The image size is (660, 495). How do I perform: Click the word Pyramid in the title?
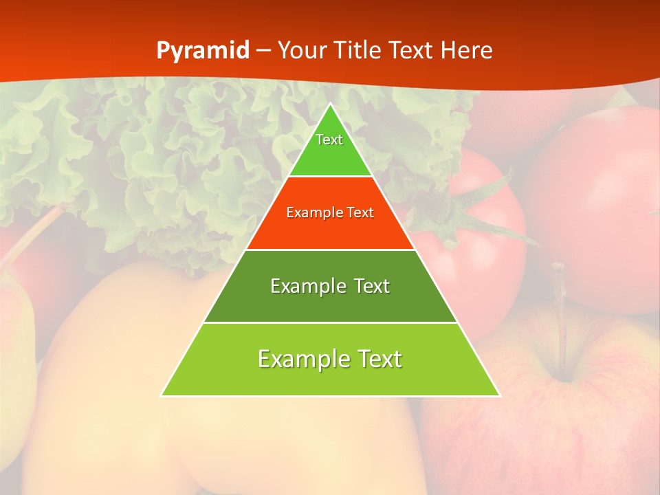coord(203,51)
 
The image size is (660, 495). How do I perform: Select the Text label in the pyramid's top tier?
coord(329,140)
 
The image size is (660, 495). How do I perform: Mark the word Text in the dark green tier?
coord(372,286)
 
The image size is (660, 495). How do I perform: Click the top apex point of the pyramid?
coord(331,104)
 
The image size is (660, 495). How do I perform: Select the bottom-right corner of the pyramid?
coord(499,395)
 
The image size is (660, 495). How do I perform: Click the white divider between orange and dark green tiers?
coord(331,250)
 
